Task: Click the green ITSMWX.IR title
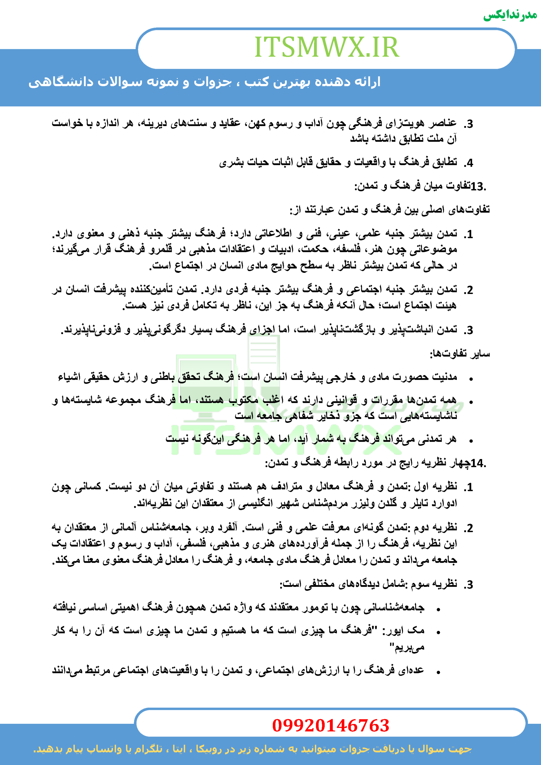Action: (327, 47)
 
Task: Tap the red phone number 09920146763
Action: (330, 725)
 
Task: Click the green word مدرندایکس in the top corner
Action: (510, 15)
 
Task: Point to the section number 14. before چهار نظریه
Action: (478, 463)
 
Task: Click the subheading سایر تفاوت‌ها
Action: (460, 354)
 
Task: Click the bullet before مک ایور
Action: (439, 632)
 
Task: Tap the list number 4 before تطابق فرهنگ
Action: (469, 163)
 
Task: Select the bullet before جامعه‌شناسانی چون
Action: (439, 609)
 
